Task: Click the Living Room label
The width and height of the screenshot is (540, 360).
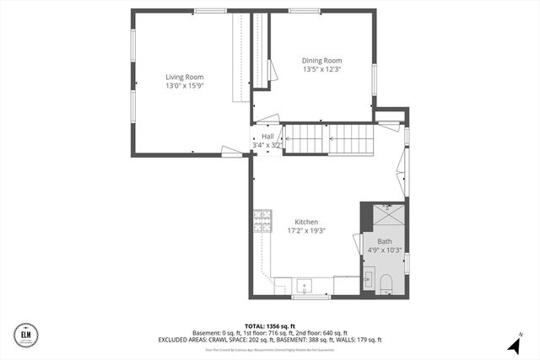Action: tap(184, 77)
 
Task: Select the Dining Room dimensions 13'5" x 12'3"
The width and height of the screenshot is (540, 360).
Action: tap(321, 69)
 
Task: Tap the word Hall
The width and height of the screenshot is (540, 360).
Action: tap(267, 136)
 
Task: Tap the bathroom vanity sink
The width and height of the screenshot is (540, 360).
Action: tap(370, 279)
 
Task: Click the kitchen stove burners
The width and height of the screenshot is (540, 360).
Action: tap(262, 220)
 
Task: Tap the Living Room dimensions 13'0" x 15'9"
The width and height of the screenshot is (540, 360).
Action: tap(184, 85)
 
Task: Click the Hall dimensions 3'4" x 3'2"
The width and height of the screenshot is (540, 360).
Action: tap(267, 145)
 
